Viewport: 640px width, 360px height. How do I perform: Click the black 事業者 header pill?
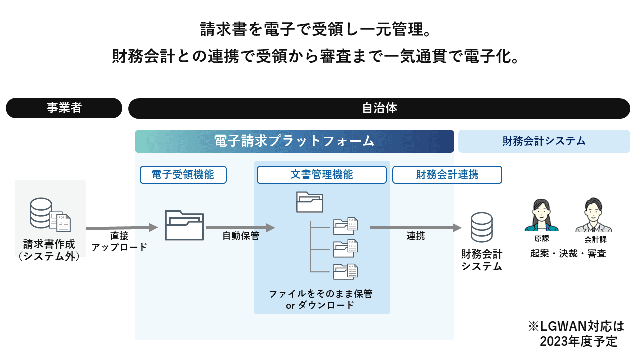coord(64,108)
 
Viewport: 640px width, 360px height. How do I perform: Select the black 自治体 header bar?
coord(379,108)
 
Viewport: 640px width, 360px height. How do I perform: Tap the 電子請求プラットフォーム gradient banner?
coord(294,141)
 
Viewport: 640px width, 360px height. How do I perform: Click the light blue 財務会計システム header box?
coord(544,141)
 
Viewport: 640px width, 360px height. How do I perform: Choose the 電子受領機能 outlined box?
coord(183,175)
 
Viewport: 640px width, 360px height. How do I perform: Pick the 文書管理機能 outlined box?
coord(321,175)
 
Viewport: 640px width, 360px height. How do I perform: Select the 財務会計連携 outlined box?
coord(447,175)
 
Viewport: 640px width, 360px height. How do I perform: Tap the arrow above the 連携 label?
coord(415,228)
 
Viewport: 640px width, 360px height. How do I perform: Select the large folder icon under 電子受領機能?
coord(184,225)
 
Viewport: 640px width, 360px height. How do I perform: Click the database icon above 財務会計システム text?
coord(481,227)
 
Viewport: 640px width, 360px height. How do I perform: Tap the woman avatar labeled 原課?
coord(541,215)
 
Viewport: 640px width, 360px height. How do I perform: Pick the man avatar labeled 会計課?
coord(593,215)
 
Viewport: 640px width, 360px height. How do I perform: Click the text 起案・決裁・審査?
coord(568,253)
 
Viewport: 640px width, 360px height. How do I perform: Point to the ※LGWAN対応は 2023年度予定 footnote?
coord(576,334)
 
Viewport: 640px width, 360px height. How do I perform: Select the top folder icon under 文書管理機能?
coord(310,202)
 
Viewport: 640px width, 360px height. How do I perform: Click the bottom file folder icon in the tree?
coord(346,271)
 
